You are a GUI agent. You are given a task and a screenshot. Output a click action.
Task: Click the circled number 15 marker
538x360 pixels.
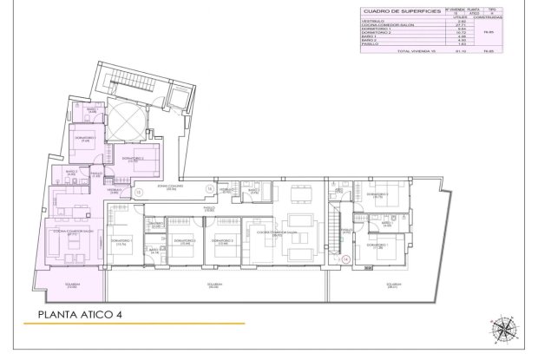139,192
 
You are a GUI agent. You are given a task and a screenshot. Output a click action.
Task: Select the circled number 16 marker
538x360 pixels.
209,188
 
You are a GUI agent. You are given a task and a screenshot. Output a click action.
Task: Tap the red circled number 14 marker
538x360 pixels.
344,259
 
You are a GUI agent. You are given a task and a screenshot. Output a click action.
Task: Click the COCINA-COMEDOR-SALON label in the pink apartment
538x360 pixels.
71,232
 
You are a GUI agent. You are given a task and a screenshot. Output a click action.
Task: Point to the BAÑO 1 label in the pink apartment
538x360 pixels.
92,110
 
